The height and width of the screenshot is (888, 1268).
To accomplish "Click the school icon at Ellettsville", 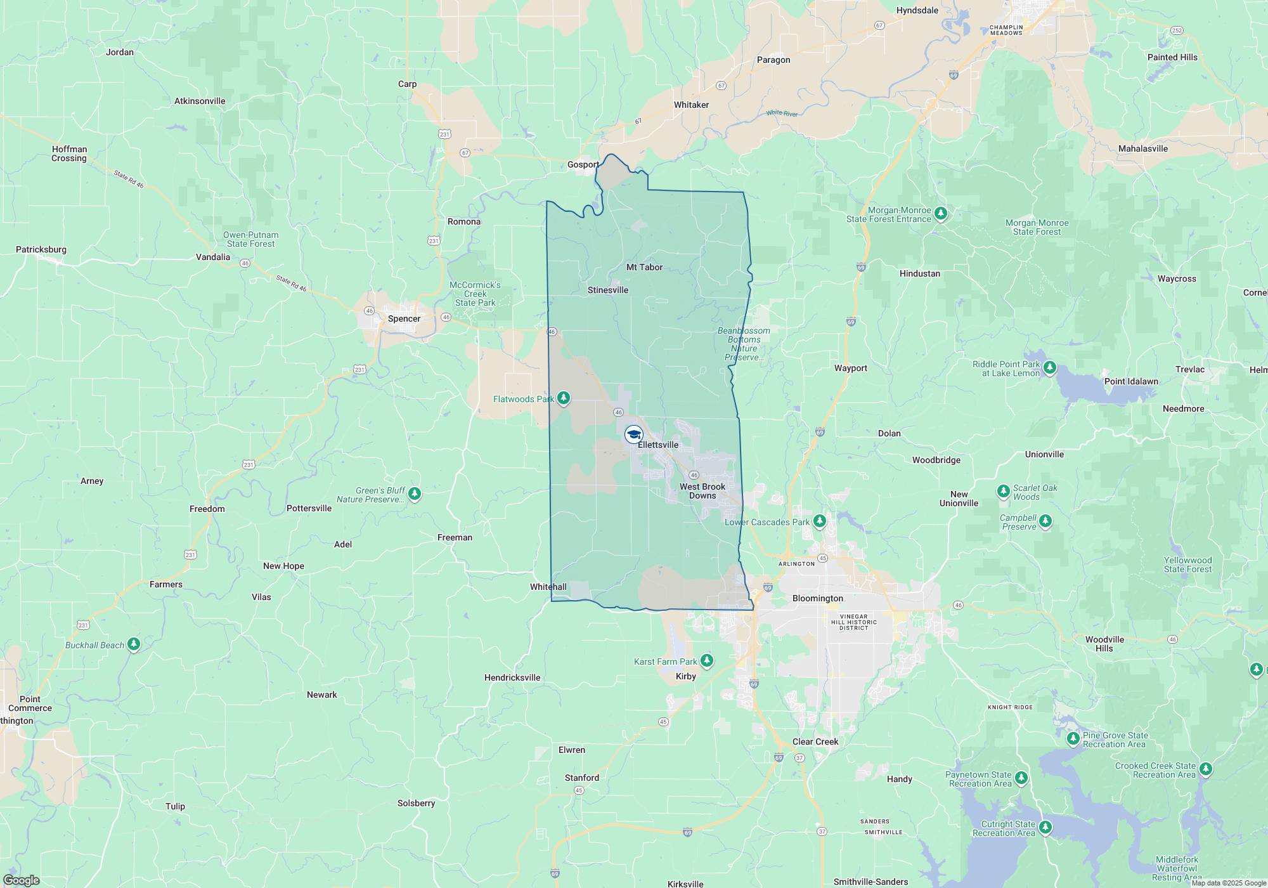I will pyautogui.click(x=633, y=434).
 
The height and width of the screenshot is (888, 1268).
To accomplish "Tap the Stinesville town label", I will pyautogui.click(x=607, y=290).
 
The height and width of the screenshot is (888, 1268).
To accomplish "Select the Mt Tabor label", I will pyautogui.click(x=644, y=267).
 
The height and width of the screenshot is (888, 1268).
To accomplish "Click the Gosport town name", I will pyautogui.click(x=583, y=164).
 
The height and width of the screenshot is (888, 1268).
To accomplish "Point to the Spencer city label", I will pyautogui.click(x=404, y=318).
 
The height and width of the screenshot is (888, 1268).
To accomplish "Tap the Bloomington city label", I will pyautogui.click(x=817, y=598).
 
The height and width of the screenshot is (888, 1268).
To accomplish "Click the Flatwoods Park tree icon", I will pyautogui.click(x=563, y=398).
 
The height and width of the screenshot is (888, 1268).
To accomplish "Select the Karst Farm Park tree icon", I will pyautogui.click(x=706, y=661).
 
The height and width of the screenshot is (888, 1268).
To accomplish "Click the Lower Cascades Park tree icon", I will pyautogui.click(x=819, y=521).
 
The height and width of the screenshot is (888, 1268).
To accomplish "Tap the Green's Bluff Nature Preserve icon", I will pyautogui.click(x=414, y=493).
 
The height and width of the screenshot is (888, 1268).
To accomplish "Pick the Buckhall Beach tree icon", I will pyautogui.click(x=133, y=644).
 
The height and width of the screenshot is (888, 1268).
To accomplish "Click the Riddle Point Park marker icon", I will pyautogui.click(x=1049, y=367).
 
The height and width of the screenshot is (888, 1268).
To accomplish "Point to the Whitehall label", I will pyautogui.click(x=548, y=587).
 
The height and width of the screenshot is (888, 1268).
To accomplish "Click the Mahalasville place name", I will pyautogui.click(x=1142, y=148).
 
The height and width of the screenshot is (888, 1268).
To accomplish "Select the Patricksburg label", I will pyautogui.click(x=41, y=249).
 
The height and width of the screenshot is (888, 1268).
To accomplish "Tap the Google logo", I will pyautogui.click(x=21, y=880).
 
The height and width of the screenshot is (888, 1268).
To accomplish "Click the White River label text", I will pyautogui.click(x=782, y=114).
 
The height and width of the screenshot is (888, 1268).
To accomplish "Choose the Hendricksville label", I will pyautogui.click(x=512, y=677).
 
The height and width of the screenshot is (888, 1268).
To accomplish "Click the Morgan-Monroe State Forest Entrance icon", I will pyautogui.click(x=941, y=214).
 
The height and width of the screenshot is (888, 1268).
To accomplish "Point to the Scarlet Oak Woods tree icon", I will pyautogui.click(x=1003, y=491).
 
